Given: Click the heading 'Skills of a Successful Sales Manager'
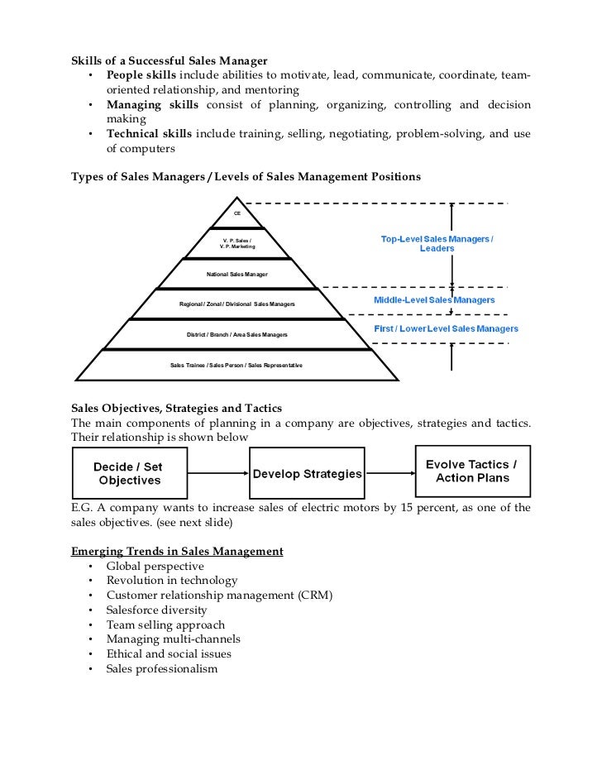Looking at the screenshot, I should tap(170, 61).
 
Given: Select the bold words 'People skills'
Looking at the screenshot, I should tap(141, 76).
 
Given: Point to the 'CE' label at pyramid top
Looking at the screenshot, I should tap(237, 213).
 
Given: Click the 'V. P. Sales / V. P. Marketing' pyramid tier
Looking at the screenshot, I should tap(237, 243).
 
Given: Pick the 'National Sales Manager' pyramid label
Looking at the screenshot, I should tap(237, 274).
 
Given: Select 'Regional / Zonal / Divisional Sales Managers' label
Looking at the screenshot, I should tap(237, 304).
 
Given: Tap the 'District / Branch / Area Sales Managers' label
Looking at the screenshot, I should tap(237, 335).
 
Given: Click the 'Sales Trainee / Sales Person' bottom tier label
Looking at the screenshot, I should tap(236, 365).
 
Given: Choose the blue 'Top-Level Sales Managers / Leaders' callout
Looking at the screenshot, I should tap(437, 243).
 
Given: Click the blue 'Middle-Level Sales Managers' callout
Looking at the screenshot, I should tap(434, 299).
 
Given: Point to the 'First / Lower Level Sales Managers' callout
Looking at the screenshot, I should tap(446, 328).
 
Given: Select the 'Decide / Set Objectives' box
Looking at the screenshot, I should tap(128, 473).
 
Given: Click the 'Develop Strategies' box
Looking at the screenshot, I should tap(307, 474).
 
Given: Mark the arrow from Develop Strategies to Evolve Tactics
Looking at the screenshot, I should tap(389, 474).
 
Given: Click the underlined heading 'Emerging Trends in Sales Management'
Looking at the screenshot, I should tap(177, 551).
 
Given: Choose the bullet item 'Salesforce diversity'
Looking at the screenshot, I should tap(156, 610).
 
